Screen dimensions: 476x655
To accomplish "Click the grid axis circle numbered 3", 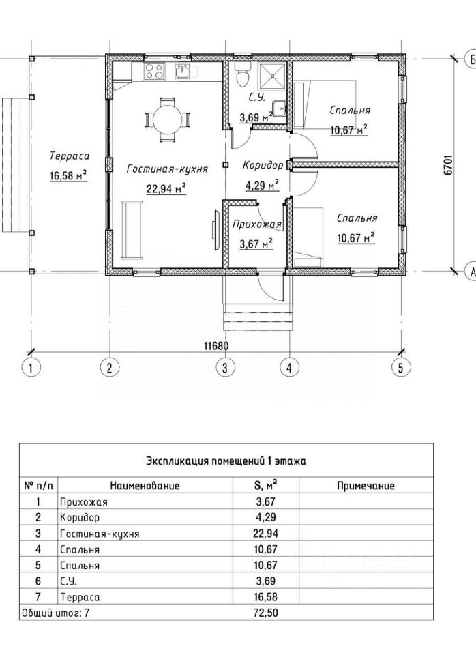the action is [x=224, y=368].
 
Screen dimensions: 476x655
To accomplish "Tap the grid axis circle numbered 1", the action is [x=30, y=368].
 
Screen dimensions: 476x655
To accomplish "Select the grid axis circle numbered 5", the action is [x=401, y=368].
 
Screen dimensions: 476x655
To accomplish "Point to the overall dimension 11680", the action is [x=215, y=346].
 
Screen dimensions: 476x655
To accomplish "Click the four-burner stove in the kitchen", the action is [x=154, y=70].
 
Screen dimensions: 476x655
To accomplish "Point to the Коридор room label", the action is [x=263, y=166].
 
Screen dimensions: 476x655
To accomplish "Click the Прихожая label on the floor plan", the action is [x=256, y=224].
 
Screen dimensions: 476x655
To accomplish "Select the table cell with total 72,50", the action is [x=266, y=613].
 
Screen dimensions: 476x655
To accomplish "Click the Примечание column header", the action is [x=366, y=486].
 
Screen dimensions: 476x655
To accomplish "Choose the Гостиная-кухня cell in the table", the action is [x=100, y=534].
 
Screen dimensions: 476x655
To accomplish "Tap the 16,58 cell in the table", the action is [x=266, y=597].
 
